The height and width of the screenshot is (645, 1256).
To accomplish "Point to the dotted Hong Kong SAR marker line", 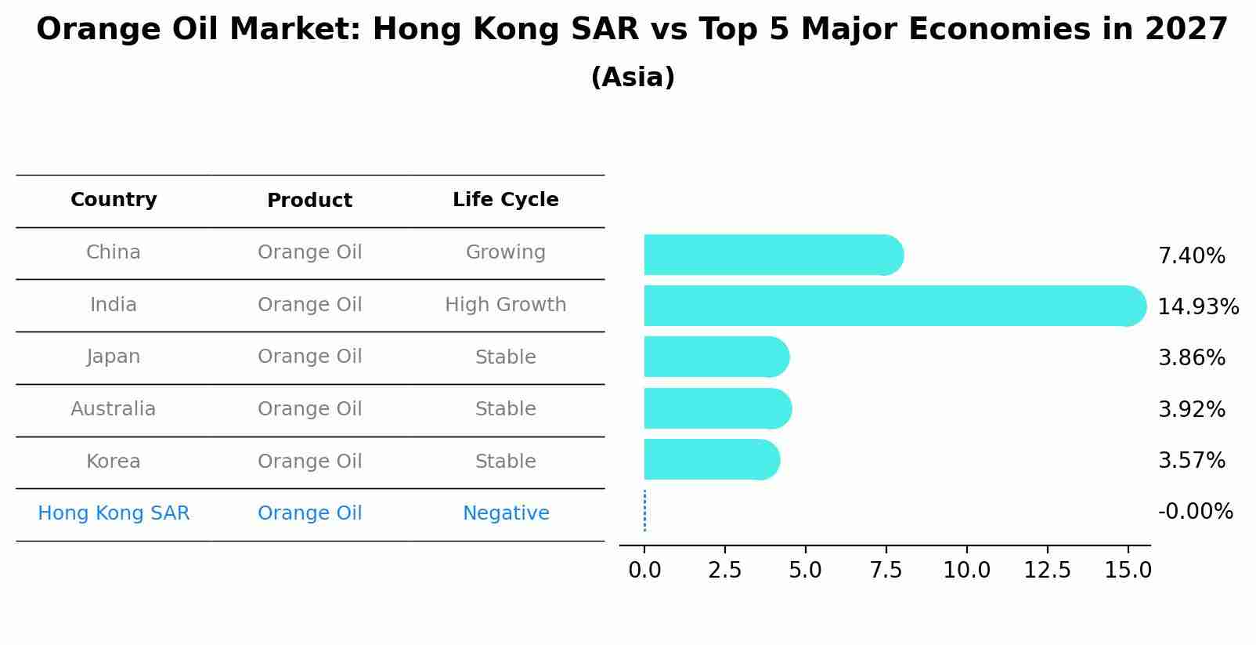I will (x=644, y=511).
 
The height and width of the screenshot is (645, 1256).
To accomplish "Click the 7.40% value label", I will (x=1191, y=256).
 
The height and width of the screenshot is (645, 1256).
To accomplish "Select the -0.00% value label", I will (x=1195, y=512).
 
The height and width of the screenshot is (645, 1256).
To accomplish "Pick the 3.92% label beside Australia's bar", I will (x=1191, y=409).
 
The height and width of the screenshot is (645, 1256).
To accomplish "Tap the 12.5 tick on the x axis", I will (x=1047, y=571).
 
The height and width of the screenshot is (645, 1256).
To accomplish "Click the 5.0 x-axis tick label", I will (x=805, y=571).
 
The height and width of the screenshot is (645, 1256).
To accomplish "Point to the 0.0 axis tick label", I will (x=644, y=571).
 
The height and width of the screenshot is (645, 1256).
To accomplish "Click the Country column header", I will (x=114, y=200).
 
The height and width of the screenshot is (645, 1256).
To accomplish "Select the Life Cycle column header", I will (x=506, y=200).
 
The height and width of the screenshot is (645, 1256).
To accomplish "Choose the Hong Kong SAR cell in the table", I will (x=114, y=513).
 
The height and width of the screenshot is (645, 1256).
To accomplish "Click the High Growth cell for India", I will (x=506, y=305).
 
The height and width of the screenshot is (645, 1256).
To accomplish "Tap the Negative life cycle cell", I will (x=506, y=513).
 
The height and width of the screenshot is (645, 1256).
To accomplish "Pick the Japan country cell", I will (x=114, y=357).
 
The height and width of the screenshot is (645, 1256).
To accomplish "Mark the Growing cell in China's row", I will (x=506, y=252).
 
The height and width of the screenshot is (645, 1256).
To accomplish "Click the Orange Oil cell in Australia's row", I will (x=310, y=409).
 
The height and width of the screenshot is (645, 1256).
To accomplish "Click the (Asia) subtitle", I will (x=633, y=78).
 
